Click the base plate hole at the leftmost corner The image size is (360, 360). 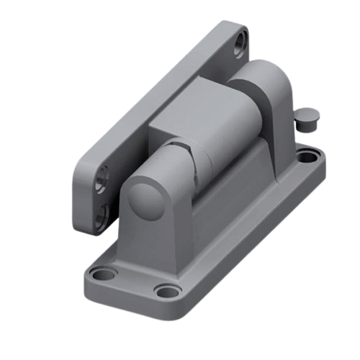coord(105,274)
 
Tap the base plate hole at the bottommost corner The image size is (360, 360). coord(167,292)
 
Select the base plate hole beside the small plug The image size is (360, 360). coord(309,155)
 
